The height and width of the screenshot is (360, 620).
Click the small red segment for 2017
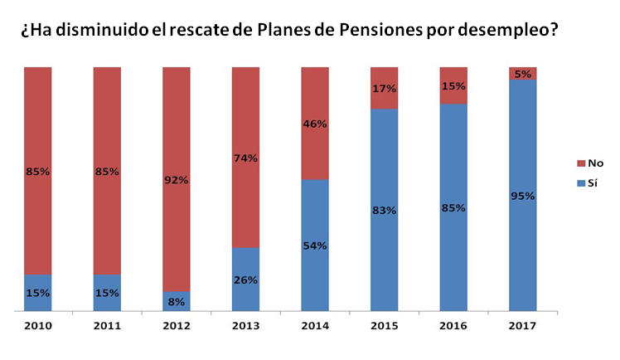pos(522,73)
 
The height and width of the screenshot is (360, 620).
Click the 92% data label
pos(177,179)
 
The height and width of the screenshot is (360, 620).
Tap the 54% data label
pos(315,246)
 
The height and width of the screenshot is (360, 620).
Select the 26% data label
pos(246,280)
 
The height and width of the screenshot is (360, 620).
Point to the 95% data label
pos(522,196)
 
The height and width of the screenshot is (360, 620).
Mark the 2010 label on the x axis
pos(39,326)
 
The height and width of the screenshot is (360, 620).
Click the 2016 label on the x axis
pos(453,326)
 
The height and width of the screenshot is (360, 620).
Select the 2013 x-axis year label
pos(246,326)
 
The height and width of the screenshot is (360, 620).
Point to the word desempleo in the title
pos(505,32)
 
